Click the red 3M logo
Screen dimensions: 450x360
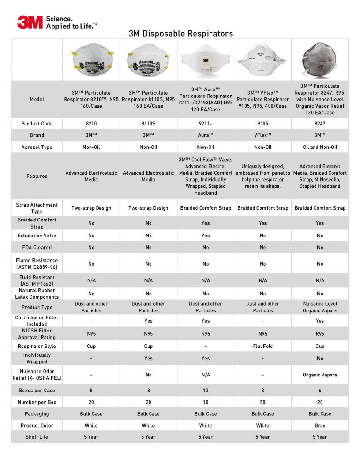(x=30, y=22)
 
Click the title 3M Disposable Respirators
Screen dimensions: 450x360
(x=180, y=34)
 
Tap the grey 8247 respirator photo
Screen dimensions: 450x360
(x=320, y=59)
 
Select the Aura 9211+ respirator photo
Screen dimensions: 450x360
(x=205, y=59)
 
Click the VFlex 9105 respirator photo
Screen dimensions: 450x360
(x=262, y=59)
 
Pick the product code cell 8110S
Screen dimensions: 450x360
(x=148, y=124)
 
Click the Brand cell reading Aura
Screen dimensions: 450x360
(x=205, y=135)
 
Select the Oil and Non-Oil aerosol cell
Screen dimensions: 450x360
(x=320, y=147)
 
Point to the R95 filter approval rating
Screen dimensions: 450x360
(x=320, y=334)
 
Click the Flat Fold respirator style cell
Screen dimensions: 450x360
(x=262, y=347)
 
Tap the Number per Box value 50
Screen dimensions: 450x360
(x=262, y=402)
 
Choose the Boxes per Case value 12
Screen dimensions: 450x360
(x=205, y=390)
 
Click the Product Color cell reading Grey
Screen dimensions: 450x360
(x=320, y=426)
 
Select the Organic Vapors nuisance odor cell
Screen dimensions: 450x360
(x=320, y=375)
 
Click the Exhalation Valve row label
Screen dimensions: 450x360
(x=37, y=236)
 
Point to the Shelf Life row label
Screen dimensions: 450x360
(x=37, y=437)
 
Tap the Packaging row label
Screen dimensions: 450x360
(x=37, y=414)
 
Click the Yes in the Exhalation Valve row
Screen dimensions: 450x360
(x=205, y=236)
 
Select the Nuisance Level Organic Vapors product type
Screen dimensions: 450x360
(x=320, y=307)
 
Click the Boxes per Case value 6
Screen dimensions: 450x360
(x=320, y=390)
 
